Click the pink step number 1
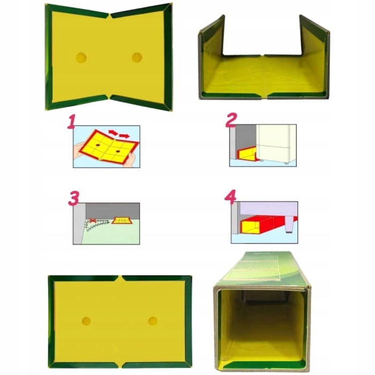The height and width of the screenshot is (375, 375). coord(71,122)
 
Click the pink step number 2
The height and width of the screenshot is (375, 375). coord(231,120)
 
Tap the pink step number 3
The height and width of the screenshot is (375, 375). coord(73,198)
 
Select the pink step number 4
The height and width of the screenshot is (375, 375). coord(230,197)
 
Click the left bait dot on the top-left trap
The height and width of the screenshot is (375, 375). coord(81,58)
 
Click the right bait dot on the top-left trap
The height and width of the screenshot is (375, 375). coord(137,57)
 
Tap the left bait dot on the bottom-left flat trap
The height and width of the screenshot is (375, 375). coord(86,321)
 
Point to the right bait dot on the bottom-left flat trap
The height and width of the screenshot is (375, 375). coord(153,321)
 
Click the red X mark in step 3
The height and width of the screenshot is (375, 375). coord(92,221)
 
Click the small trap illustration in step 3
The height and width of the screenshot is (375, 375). coord(122,221)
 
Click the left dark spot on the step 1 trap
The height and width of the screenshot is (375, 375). coord(98,145)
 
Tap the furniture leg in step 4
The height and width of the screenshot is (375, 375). coord(289,225)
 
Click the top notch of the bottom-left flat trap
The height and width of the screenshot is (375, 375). coord(120,278)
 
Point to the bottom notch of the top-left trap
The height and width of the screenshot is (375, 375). coord(109,97)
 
